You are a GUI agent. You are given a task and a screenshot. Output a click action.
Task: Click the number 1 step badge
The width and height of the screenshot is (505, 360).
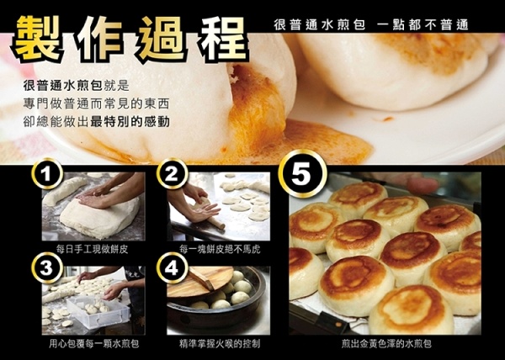tap(47, 174)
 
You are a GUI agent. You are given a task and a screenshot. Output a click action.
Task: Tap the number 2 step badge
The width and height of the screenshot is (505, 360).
tap(172, 174)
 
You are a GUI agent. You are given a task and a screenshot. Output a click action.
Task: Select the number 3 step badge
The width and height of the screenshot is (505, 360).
tap(47, 267)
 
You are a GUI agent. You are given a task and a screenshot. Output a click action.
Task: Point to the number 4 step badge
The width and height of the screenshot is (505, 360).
tap(172, 267)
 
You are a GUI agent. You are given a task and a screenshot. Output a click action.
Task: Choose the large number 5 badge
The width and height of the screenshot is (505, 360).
tap(302, 174)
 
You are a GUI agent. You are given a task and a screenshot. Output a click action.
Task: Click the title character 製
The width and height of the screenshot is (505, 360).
tap(37, 39)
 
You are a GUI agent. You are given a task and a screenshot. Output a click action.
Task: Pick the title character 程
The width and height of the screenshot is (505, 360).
tap(224, 39)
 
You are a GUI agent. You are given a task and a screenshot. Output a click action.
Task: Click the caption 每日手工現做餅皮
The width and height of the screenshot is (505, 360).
tap(93, 249)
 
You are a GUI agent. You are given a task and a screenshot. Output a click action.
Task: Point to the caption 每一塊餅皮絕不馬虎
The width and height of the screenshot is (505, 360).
tap(220, 249)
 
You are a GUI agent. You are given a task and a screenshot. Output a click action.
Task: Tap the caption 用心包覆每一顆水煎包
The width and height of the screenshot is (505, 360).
tap(94, 344)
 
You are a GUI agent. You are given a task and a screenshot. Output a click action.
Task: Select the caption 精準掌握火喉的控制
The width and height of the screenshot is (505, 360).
tap(220, 344)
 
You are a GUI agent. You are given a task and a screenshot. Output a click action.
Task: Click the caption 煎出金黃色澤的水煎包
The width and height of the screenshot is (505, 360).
tap(386, 344)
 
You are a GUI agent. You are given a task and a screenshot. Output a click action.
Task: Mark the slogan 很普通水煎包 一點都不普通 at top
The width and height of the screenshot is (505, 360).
tap(371, 24)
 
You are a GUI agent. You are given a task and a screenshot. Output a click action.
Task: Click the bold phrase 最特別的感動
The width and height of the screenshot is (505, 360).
tap(130, 122)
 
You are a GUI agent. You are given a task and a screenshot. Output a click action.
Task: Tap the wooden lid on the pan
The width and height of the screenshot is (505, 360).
tap(199, 281)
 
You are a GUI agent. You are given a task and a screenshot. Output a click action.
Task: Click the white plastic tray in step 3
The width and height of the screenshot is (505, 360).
tap(98, 310)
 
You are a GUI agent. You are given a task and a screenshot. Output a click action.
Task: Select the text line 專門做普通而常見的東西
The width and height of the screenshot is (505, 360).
tap(96, 104)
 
